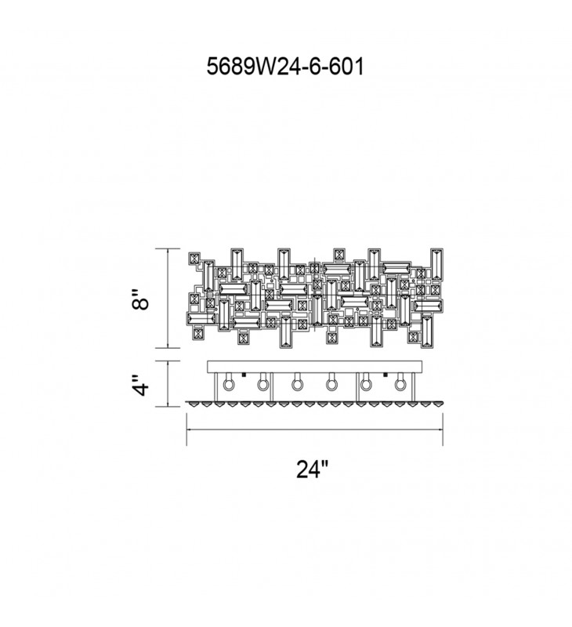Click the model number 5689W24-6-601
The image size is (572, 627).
[285, 67]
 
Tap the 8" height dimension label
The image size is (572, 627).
[140, 299]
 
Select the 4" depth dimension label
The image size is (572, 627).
[140, 385]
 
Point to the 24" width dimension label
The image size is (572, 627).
[312, 469]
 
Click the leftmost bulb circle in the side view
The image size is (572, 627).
[228, 385]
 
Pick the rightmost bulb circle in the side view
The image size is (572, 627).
[400, 385]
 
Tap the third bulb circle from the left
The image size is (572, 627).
[297, 385]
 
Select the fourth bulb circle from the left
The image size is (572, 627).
[331, 385]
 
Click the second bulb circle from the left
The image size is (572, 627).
[262, 385]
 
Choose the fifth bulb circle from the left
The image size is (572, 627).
[365, 385]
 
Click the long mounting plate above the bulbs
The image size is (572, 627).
[314, 367]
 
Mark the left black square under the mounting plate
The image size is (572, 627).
[243, 375]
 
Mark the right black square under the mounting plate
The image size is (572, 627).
[386, 375]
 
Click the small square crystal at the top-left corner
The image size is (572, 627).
[194, 259]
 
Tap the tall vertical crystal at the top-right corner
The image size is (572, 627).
[436, 264]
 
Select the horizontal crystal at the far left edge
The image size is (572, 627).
[201, 318]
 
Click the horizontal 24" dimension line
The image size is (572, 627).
[314, 429]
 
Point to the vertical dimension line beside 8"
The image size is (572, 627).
[168, 298]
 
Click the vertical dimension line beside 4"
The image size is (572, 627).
[168, 384]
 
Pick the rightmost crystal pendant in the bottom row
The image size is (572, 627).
[438, 404]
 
